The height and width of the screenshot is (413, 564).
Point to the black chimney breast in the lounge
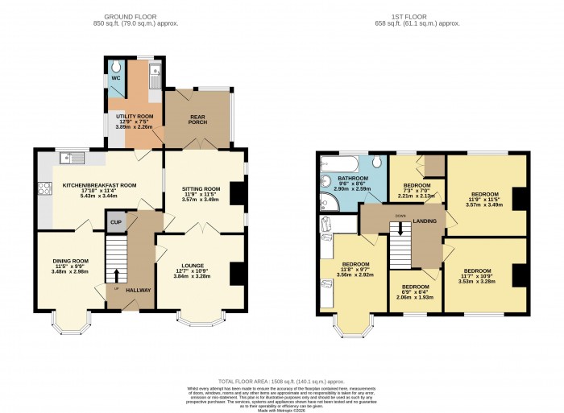coord(236,274)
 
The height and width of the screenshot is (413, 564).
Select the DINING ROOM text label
coord(70,261)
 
